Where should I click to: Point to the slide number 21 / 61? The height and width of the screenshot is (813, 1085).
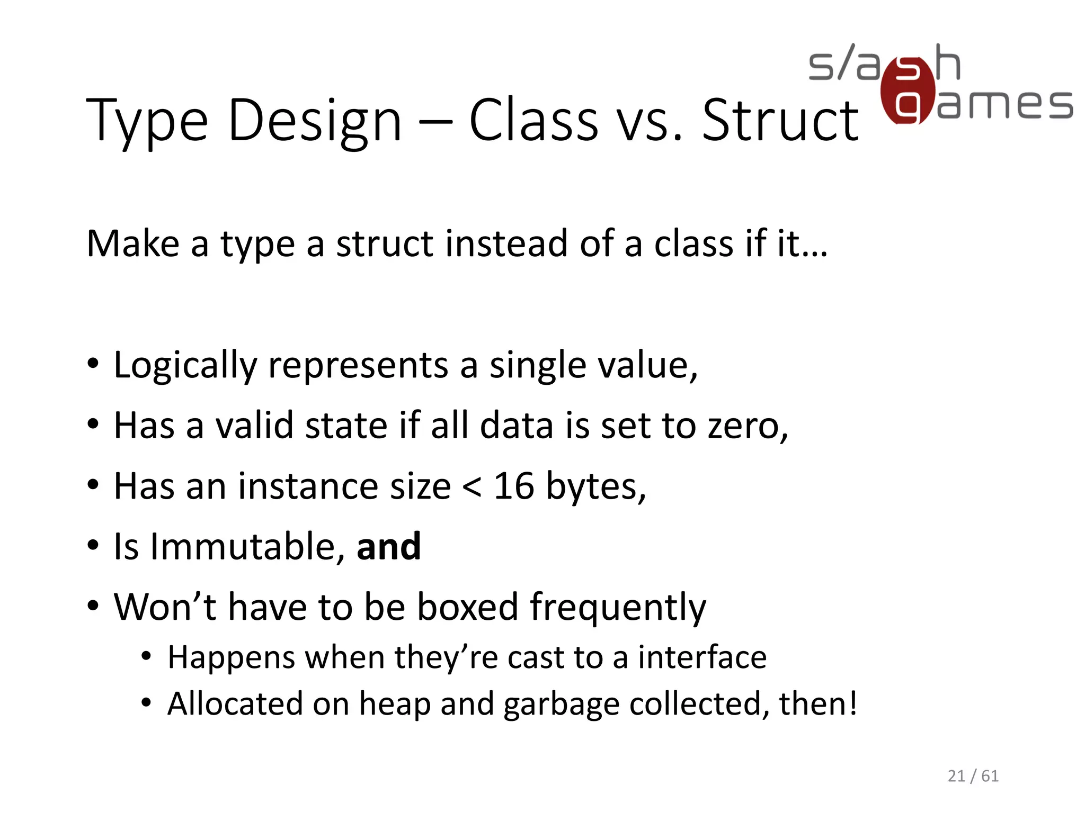point(973,776)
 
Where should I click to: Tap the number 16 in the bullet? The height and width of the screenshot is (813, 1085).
point(513,485)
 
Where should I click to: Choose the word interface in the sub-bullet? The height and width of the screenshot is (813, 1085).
point(702,657)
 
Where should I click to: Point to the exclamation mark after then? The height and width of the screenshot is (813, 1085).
point(852,703)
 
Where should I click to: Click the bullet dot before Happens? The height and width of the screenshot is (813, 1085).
point(146,657)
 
